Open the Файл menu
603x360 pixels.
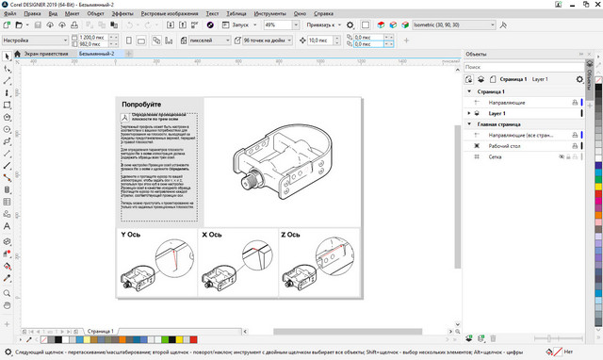(10, 14)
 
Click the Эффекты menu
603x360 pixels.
(122, 14)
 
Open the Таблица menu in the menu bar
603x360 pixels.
(237, 14)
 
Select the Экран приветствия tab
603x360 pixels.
(45, 55)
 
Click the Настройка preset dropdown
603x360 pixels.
(34, 41)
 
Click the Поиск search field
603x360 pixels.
(528, 68)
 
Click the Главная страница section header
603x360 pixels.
(500, 123)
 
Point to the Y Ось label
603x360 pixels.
(131, 233)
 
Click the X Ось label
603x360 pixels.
(211, 233)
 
